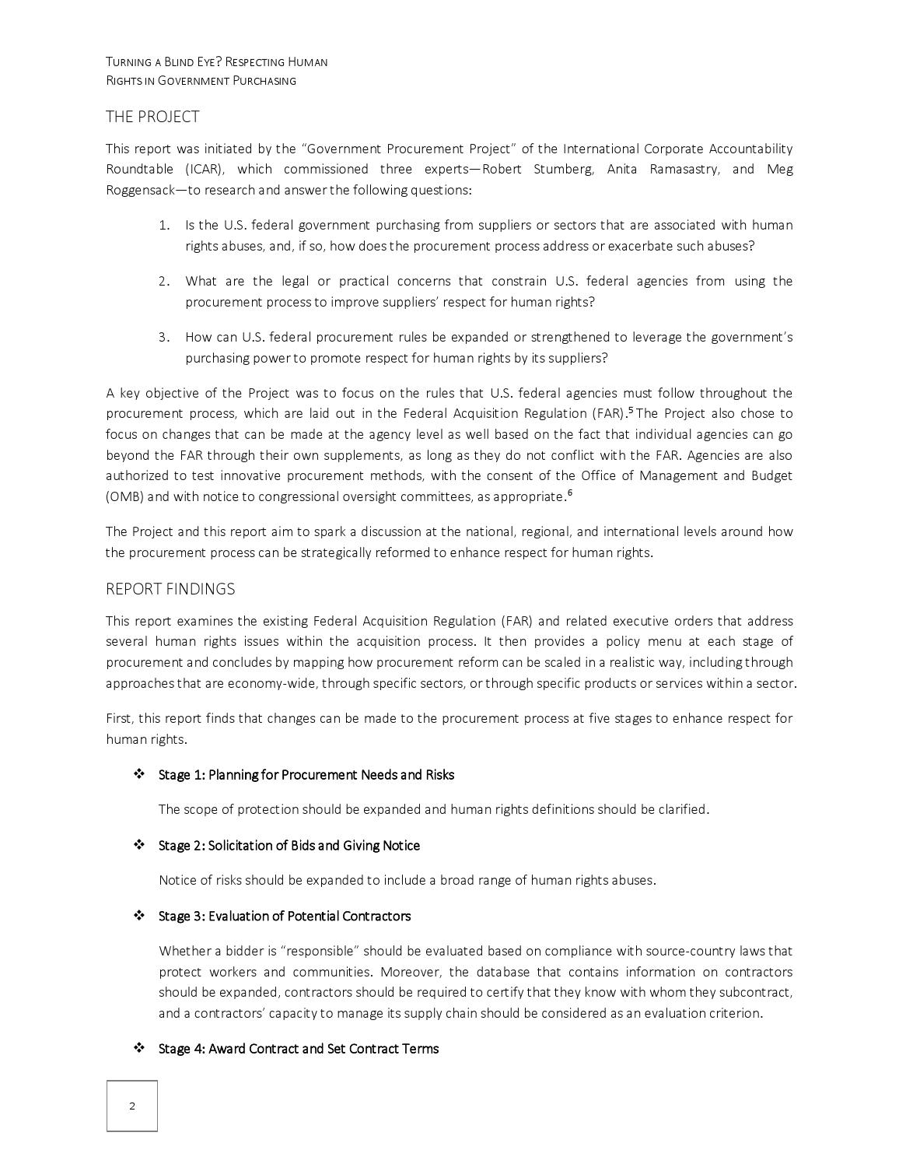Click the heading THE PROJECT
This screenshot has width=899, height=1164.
pyautogui.click(x=152, y=117)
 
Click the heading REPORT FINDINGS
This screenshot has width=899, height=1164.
pyautogui.click(x=170, y=589)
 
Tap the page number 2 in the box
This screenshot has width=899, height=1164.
pyautogui.click(x=132, y=1106)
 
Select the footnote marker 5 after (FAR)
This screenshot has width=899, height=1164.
pyautogui.click(x=631, y=409)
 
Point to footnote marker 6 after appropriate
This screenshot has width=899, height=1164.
pyautogui.click(x=569, y=493)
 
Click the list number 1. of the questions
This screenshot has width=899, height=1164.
pyautogui.click(x=164, y=226)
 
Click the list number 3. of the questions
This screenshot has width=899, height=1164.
pyautogui.click(x=164, y=338)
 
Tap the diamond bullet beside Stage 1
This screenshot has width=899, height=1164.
pyautogui.click(x=139, y=774)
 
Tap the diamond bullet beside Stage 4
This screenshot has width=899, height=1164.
pyautogui.click(x=139, y=1048)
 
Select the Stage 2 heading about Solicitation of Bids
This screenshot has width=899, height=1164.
pyautogui.click(x=289, y=846)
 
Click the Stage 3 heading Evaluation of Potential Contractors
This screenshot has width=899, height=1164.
pyautogui.click(x=285, y=916)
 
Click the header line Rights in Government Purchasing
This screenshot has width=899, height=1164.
pyautogui.click(x=201, y=81)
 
